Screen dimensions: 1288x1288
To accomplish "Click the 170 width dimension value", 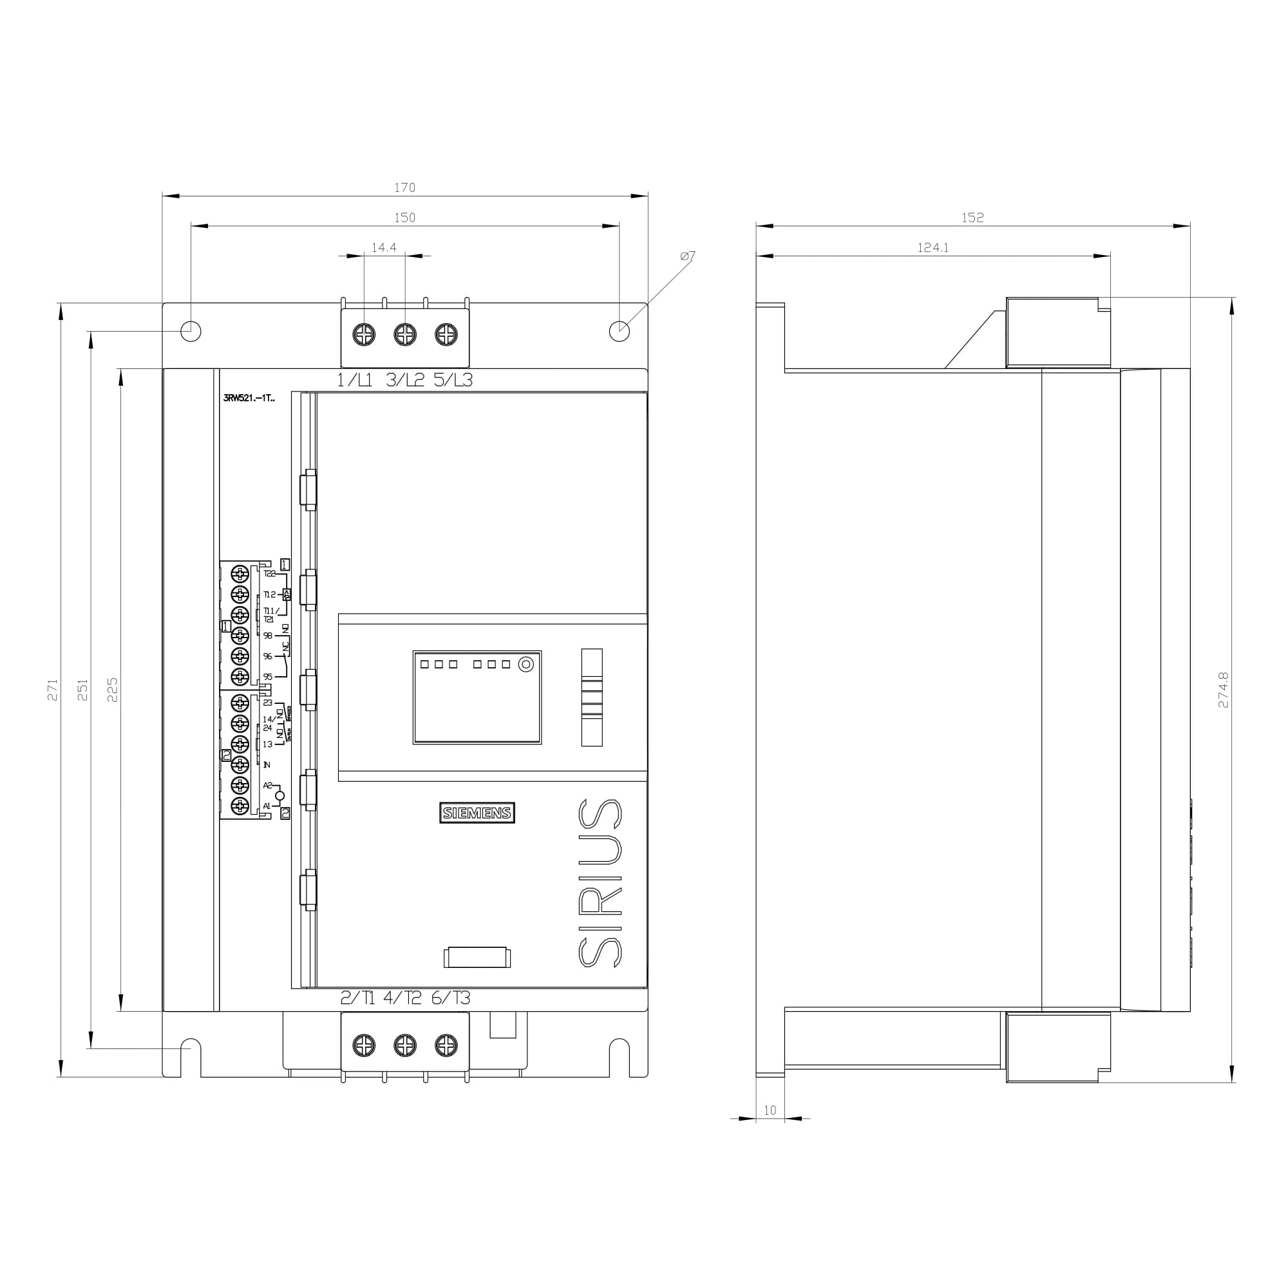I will click(404, 188).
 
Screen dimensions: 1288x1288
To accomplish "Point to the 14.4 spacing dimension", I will click(384, 248).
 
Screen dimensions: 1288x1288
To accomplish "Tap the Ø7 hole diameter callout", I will click(688, 256).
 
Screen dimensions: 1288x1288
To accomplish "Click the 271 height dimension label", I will click(53, 689).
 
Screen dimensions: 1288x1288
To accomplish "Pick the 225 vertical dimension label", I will click(113, 689).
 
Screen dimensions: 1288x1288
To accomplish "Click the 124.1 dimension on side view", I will click(933, 248).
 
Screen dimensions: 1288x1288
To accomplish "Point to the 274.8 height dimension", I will click(1224, 689).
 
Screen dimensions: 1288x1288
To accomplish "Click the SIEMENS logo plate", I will click(477, 813).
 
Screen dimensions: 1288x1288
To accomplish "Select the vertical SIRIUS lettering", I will click(600, 883).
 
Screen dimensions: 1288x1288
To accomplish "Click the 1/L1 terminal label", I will click(354, 381).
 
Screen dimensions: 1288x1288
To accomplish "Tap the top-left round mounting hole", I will click(191, 330).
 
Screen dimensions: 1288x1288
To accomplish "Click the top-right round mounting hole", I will click(620, 330).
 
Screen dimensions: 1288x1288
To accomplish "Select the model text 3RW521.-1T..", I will click(249, 399).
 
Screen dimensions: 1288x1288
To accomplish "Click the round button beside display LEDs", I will click(526, 665).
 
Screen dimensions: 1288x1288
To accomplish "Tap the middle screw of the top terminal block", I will click(405, 334).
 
